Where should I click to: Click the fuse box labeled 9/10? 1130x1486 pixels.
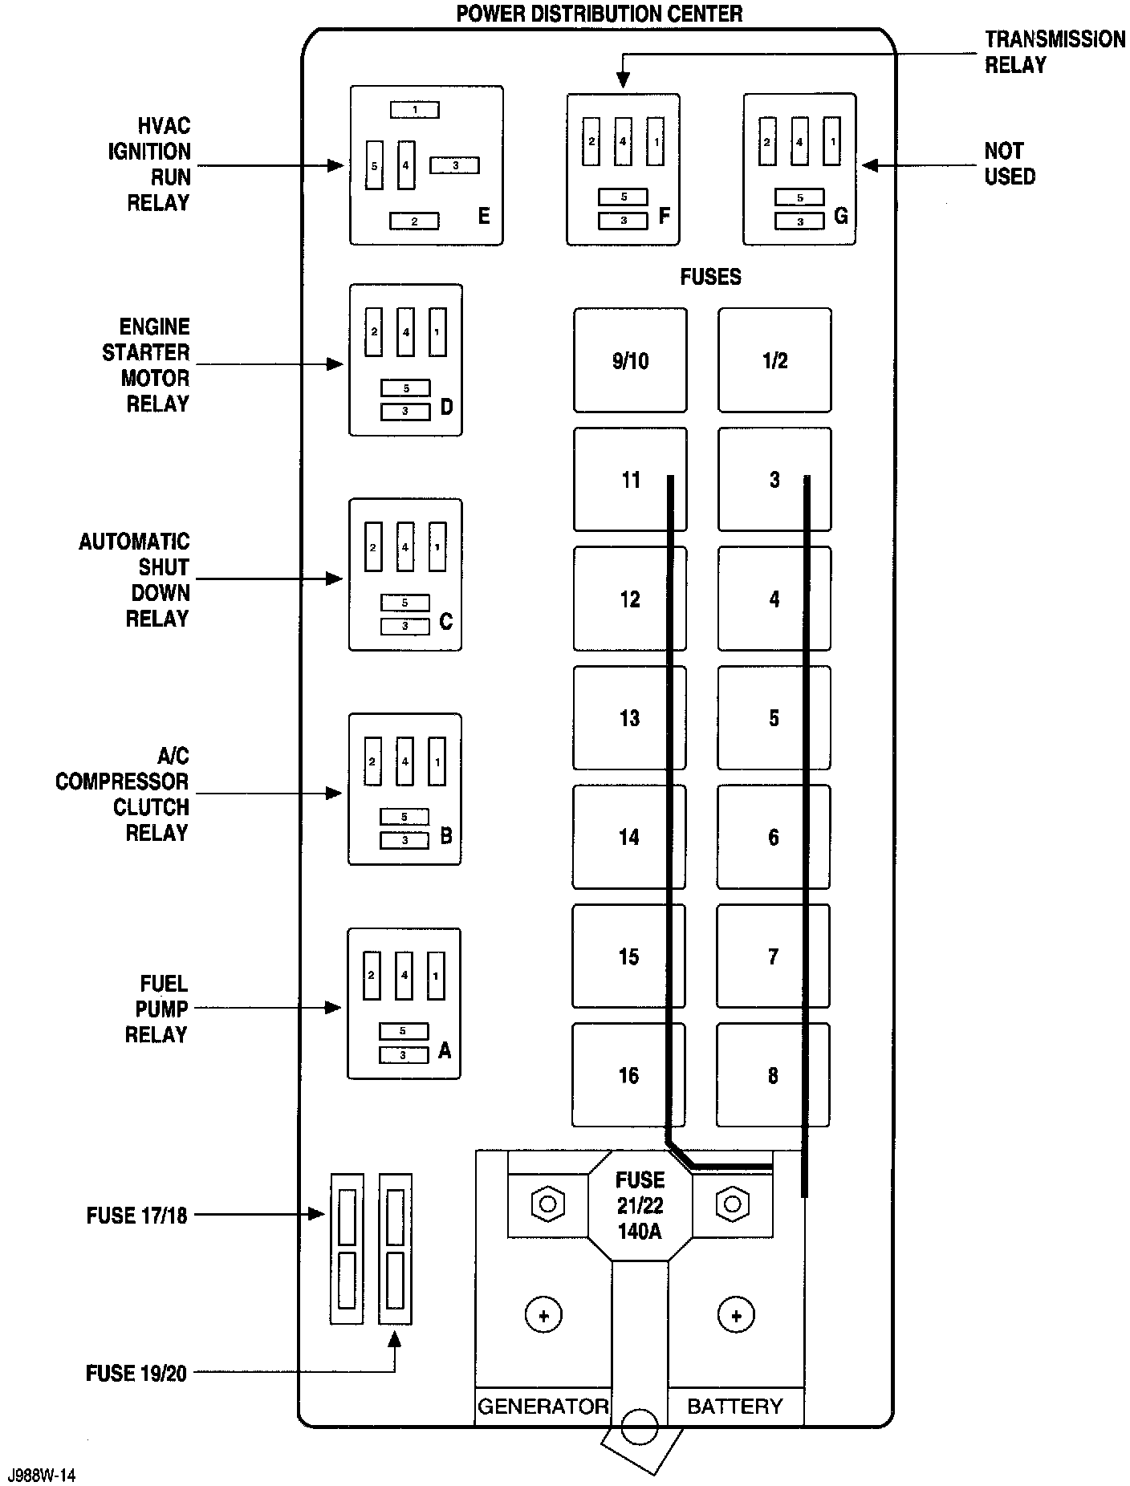tap(630, 360)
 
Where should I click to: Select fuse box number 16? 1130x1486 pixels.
tap(628, 1075)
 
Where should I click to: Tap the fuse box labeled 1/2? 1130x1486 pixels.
tap(774, 360)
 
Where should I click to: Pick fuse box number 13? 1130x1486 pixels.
tap(629, 717)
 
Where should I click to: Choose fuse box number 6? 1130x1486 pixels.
tap(773, 837)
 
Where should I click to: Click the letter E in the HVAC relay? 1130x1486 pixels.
tap(483, 216)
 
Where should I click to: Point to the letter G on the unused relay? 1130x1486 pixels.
tap(840, 216)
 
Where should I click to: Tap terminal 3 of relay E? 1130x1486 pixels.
tap(454, 165)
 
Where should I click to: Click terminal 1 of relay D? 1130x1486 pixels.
tap(437, 331)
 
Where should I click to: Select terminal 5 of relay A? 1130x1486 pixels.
tap(403, 1031)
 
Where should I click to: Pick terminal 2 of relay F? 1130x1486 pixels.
tap(591, 141)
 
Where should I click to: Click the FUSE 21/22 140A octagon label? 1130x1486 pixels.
tap(640, 1205)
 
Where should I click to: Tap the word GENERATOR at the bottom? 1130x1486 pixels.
tap(543, 1407)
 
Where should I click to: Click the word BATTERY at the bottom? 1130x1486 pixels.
tap(734, 1407)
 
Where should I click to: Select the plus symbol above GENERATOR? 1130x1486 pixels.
tap(543, 1315)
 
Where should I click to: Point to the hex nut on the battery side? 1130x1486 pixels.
tap(732, 1204)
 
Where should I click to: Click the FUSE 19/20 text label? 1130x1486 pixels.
tap(136, 1373)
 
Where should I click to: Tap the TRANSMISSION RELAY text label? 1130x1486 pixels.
tap(1055, 52)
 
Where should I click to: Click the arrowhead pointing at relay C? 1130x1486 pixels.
tap(335, 579)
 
